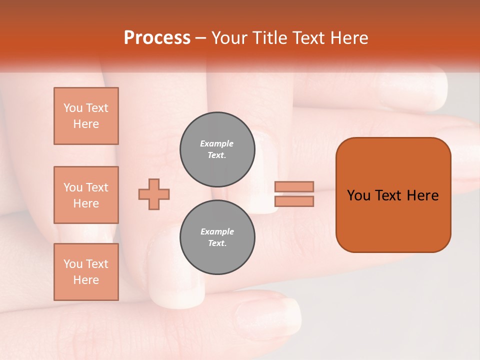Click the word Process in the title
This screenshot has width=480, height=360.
coord(157,38)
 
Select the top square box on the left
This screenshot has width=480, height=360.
coord(86,116)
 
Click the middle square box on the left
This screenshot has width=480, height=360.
coord(86,195)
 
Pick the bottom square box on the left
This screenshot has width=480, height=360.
coord(86,272)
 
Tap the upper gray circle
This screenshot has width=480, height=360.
coord(217,149)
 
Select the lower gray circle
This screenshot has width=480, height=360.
coord(217,237)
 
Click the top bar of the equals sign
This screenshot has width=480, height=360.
coord(294,187)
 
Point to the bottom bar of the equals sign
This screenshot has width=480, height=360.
coord(294,201)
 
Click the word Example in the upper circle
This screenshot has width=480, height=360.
coord(217,143)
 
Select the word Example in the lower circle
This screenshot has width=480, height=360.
coord(217,231)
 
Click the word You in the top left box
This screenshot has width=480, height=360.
coord(73,108)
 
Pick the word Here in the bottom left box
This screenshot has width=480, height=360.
coord(86,280)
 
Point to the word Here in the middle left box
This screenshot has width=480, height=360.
coord(86,203)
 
